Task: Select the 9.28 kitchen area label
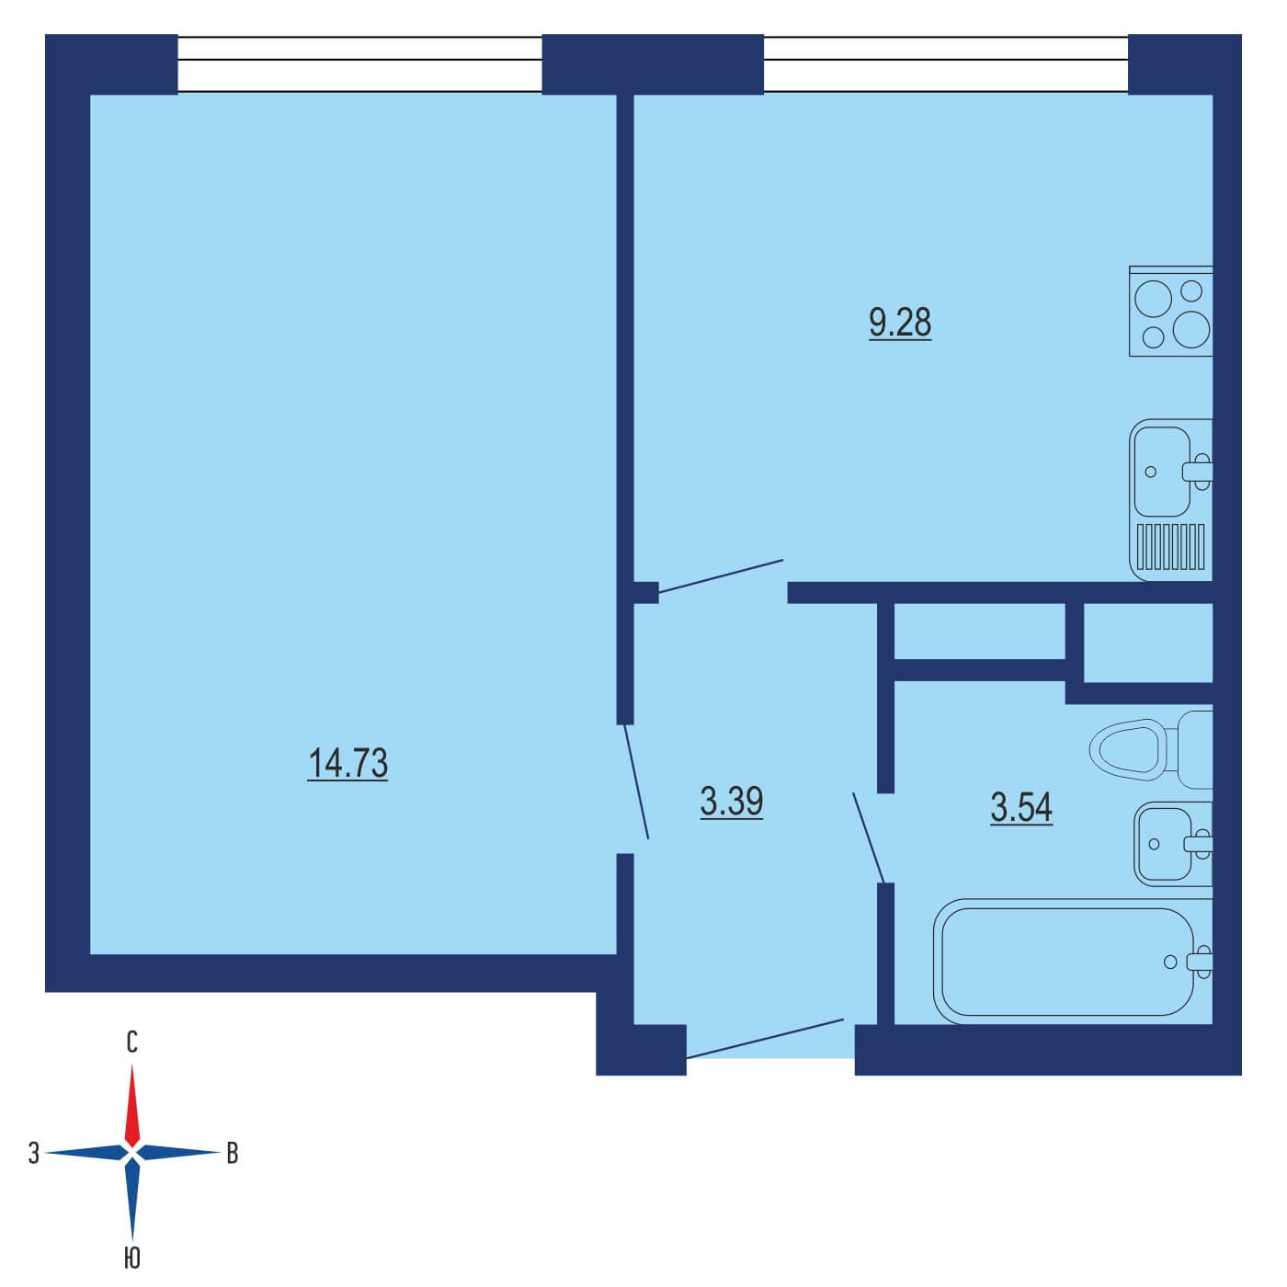coord(900,323)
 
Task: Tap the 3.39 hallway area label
coord(732,802)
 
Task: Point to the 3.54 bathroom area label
coord(1021,807)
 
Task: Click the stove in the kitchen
coord(1171,312)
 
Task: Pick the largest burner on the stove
coord(1190,330)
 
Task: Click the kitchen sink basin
coord(1162,472)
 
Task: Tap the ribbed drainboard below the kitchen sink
coord(1170,546)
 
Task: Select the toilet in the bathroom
coord(1151,749)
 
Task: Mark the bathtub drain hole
coord(1170,962)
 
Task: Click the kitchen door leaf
coord(721,575)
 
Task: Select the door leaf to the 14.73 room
coord(636,781)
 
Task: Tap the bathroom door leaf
coord(868,838)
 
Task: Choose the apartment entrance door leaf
coord(766,1039)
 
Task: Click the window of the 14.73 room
coord(359,64)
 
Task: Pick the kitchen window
coord(946,64)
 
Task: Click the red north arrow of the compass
coord(132,1105)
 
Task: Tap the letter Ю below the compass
coord(132,1259)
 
